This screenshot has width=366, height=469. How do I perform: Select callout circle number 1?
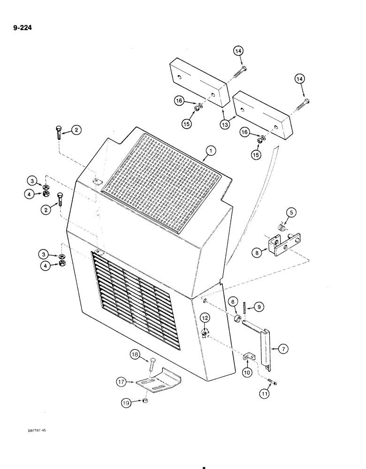[x=211, y=151]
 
